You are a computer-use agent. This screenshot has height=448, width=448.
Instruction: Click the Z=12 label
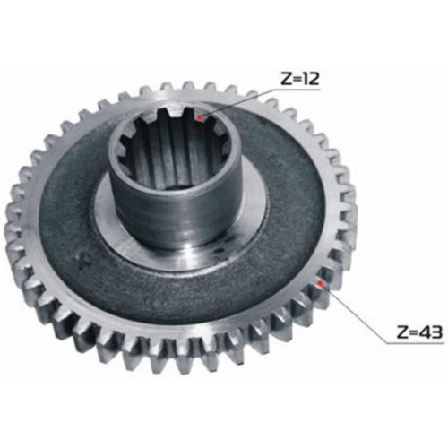[299, 79]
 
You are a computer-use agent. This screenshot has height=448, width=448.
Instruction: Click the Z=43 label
[419, 332]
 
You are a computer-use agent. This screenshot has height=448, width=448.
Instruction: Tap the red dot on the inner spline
[199, 117]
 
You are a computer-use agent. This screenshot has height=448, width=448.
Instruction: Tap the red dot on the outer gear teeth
[320, 282]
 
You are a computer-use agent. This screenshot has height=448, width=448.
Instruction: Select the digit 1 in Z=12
[306, 79]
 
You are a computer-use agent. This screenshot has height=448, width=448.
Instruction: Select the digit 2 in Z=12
[314, 79]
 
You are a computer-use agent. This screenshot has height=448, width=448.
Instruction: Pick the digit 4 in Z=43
[425, 332]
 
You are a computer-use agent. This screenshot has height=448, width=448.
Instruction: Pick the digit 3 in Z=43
[436, 332]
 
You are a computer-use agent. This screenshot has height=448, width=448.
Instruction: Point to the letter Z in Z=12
[286, 79]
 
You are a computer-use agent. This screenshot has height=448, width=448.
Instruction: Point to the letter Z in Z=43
[402, 332]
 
